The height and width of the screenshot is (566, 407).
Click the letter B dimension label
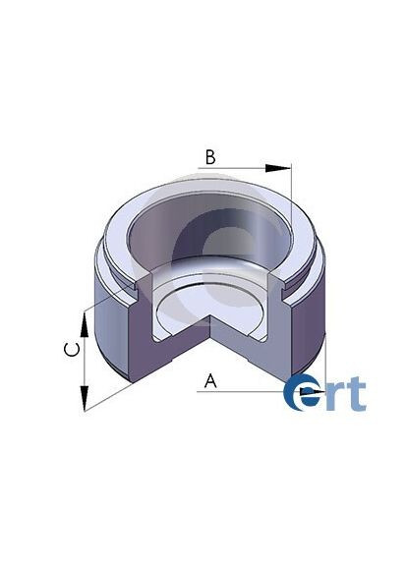pos(209,157)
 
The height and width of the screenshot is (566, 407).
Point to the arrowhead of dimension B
pos(288,169)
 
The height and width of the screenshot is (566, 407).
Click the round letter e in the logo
pos(305,393)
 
